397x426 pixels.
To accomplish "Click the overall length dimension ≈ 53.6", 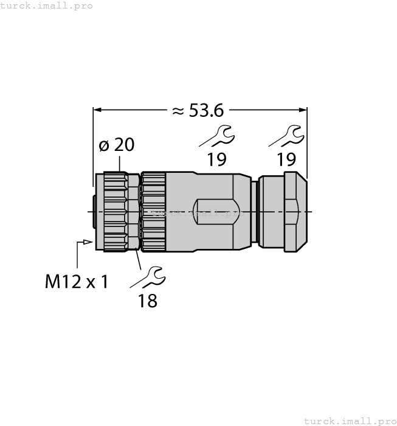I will coord(199,110).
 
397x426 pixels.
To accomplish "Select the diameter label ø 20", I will coord(116,145).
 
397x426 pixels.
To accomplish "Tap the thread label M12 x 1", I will coord(77,281).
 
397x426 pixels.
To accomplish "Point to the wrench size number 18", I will coord(148,300).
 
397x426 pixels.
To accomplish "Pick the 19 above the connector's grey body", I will coord(216,159).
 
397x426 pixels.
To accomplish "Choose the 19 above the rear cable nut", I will coord(286,159).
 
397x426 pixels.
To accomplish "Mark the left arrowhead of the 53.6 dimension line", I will coord(97,110).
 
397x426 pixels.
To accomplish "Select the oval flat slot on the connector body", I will coord(214,211).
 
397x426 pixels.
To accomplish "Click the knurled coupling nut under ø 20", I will coord(116,211).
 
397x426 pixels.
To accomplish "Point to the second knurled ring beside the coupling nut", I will coord(153,211).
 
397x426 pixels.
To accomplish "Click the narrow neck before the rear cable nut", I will coord(255,211).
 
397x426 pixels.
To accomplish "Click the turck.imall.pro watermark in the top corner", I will coord(47,5).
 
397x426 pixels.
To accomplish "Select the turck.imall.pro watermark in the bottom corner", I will coord(349,421).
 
